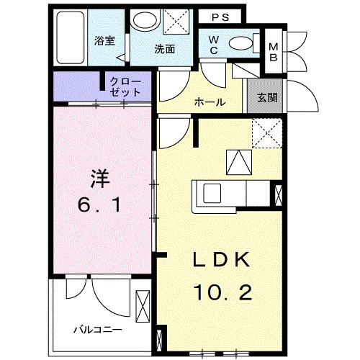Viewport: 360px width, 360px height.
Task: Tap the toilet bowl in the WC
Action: pos(242,42)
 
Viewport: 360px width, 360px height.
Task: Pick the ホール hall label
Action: pos(210,102)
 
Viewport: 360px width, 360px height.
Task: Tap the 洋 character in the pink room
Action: pos(101,177)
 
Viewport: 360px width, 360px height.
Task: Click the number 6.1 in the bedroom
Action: pos(101,207)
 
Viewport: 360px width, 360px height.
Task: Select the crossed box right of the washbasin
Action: pos(174,21)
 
